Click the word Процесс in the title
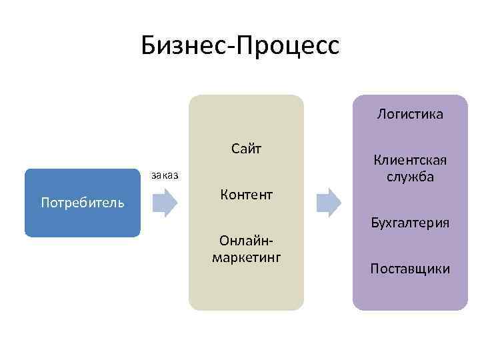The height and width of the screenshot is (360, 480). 293,45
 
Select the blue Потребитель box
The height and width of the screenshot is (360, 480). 83,203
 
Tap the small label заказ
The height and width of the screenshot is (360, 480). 165,175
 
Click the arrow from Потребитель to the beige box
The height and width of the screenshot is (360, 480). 164,202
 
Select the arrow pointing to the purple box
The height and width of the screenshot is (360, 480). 327,202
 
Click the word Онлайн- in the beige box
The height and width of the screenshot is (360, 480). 246,241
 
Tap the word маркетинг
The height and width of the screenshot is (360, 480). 246,257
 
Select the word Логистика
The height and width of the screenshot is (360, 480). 410,114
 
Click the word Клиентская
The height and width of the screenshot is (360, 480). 410,161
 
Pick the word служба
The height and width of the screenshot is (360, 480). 410,177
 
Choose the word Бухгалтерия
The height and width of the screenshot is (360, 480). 410,223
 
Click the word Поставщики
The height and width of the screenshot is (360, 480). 410,269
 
